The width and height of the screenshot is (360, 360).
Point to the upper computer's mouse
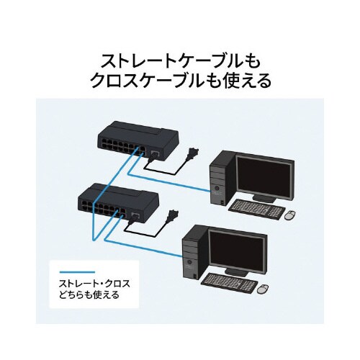pyautogui.click(x=291, y=215)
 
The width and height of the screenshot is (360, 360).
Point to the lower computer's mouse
pyautogui.click(x=262, y=288)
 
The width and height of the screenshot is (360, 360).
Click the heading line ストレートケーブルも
pyautogui.click(x=179, y=58)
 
